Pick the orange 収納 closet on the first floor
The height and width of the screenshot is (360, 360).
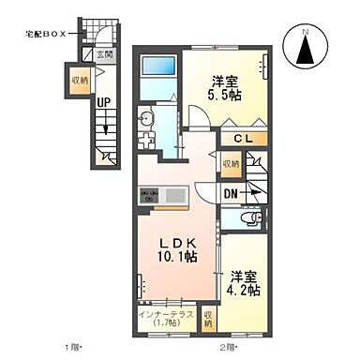[78, 80]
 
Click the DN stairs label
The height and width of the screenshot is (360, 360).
[231, 194]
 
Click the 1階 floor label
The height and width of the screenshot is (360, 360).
[72, 349]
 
